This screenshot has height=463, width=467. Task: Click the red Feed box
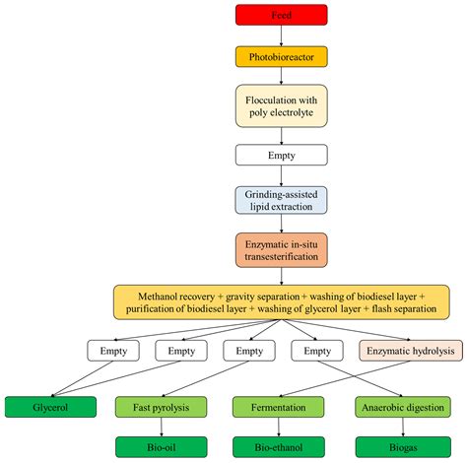pyautogui.click(x=282, y=15)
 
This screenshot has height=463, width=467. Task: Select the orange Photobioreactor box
pyautogui.click(x=282, y=57)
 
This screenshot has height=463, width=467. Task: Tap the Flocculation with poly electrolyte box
pyautogui.click(x=282, y=106)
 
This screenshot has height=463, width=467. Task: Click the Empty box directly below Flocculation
pyautogui.click(x=282, y=155)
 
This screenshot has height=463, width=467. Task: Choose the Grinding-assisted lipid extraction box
pyautogui.click(x=282, y=200)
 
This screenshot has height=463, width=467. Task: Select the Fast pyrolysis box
pyautogui.click(x=160, y=406)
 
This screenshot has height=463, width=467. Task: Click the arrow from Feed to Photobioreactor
pyautogui.click(x=282, y=36)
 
